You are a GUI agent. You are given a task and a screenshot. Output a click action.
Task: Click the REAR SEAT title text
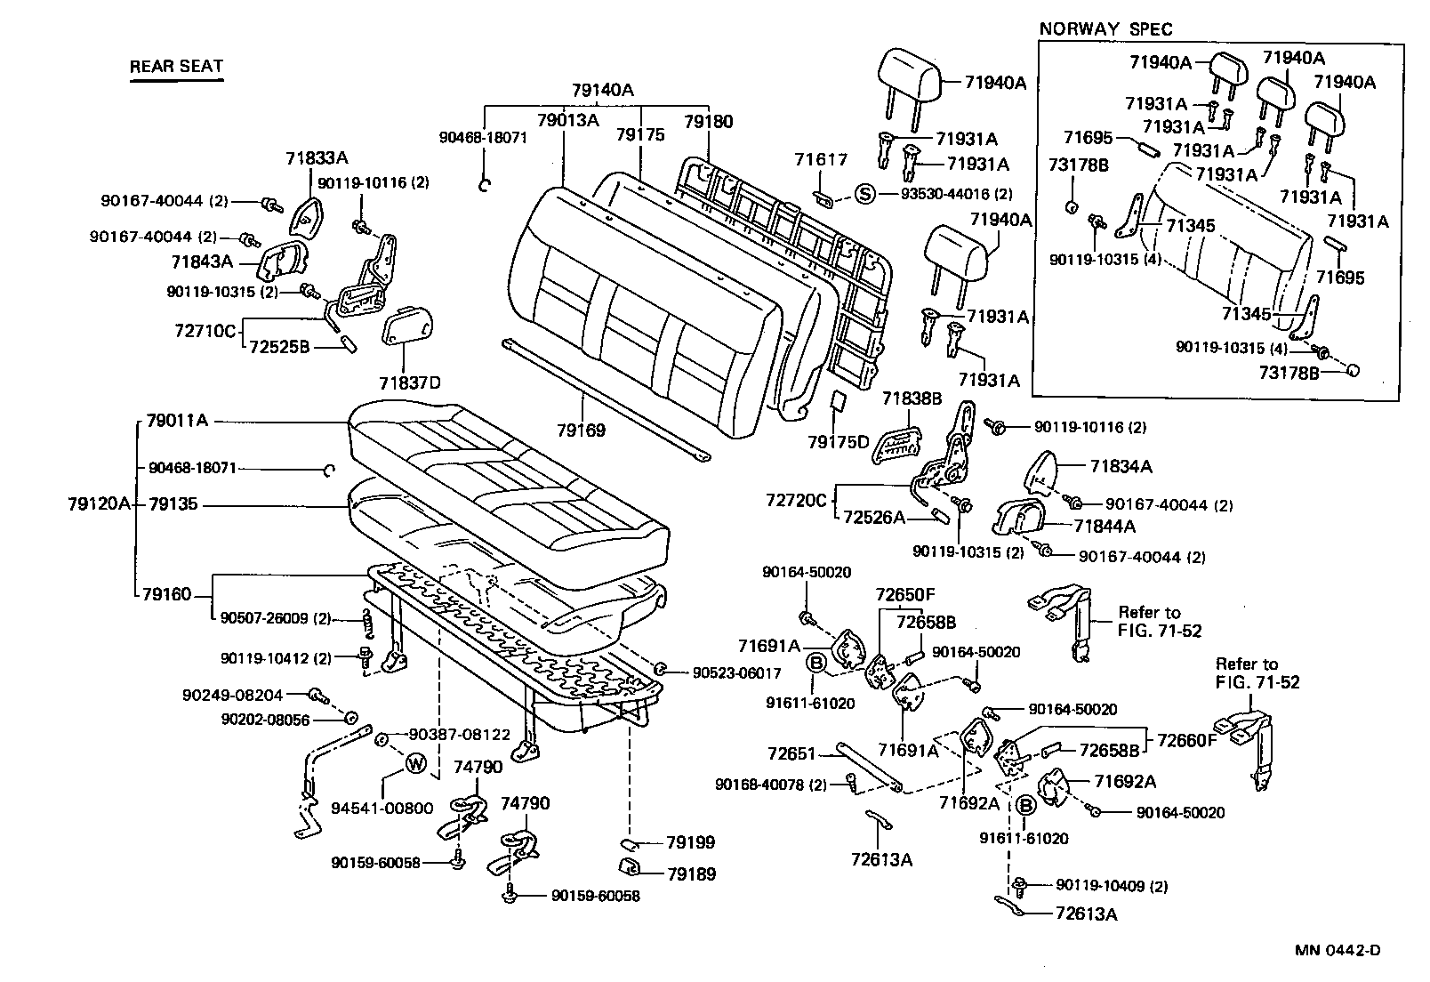click(x=176, y=66)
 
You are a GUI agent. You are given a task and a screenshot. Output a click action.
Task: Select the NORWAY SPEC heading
click(x=1105, y=28)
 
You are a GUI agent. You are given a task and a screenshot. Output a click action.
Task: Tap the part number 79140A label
click(x=602, y=90)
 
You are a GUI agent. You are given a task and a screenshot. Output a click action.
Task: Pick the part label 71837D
click(x=409, y=383)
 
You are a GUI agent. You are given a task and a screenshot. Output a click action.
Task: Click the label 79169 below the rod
click(x=581, y=431)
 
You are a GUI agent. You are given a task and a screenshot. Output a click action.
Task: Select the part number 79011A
click(x=177, y=420)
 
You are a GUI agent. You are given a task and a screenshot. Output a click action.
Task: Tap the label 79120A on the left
click(x=100, y=504)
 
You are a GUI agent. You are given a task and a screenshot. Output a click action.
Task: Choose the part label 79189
click(x=691, y=873)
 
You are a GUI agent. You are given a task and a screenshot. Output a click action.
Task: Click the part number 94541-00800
click(x=382, y=808)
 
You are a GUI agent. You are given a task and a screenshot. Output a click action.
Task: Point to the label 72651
click(x=791, y=753)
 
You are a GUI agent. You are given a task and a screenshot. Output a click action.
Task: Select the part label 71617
click(x=821, y=159)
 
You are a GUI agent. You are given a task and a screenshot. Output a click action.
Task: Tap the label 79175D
click(x=838, y=441)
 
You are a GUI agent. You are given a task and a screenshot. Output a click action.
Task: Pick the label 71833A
click(x=317, y=158)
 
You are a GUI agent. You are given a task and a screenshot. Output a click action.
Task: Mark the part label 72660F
click(x=1186, y=740)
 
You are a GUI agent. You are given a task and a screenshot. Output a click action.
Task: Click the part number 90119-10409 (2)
click(x=1112, y=885)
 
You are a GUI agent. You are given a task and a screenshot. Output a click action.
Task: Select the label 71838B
click(x=912, y=398)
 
